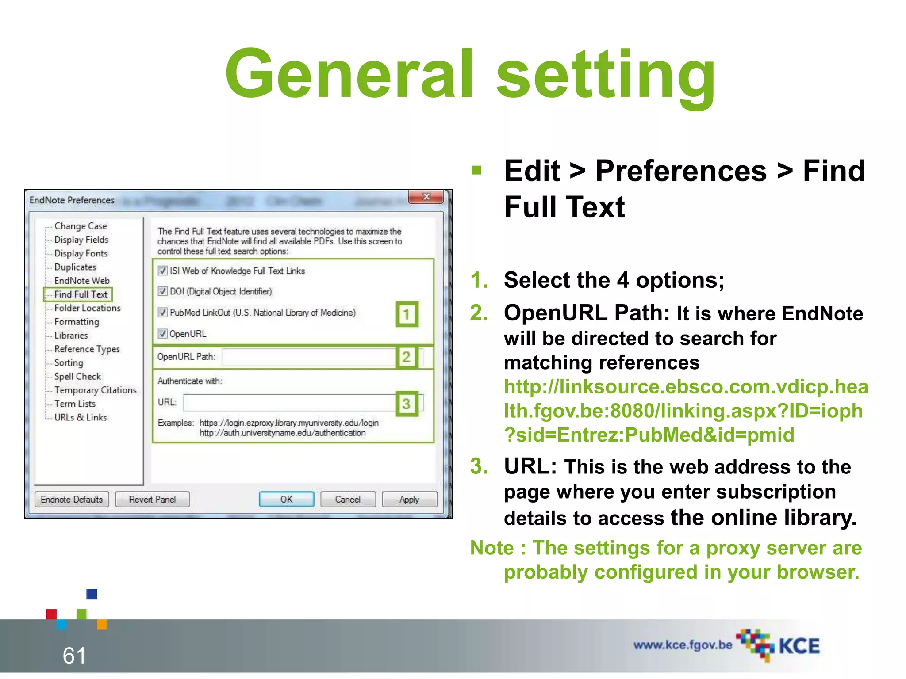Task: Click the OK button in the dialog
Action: (x=286, y=499)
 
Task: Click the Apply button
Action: (x=409, y=499)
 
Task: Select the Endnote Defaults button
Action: (x=72, y=499)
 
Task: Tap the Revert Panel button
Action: (x=152, y=499)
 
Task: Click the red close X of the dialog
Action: (x=426, y=197)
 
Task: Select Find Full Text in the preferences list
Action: (x=81, y=294)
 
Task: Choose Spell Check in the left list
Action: (x=77, y=377)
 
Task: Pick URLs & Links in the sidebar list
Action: (x=81, y=417)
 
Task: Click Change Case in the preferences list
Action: (x=81, y=226)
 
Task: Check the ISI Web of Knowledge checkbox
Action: (x=163, y=271)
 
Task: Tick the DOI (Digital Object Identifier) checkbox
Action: (x=163, y=291)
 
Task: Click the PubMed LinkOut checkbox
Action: (x=163, y=313)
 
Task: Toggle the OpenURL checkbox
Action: (x=163, y=334)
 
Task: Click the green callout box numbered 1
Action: (x=407, y=314)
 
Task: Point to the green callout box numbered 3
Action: (x=407, y=403)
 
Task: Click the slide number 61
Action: (x=74, y=655)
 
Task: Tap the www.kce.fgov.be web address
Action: (x=683, y=645)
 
